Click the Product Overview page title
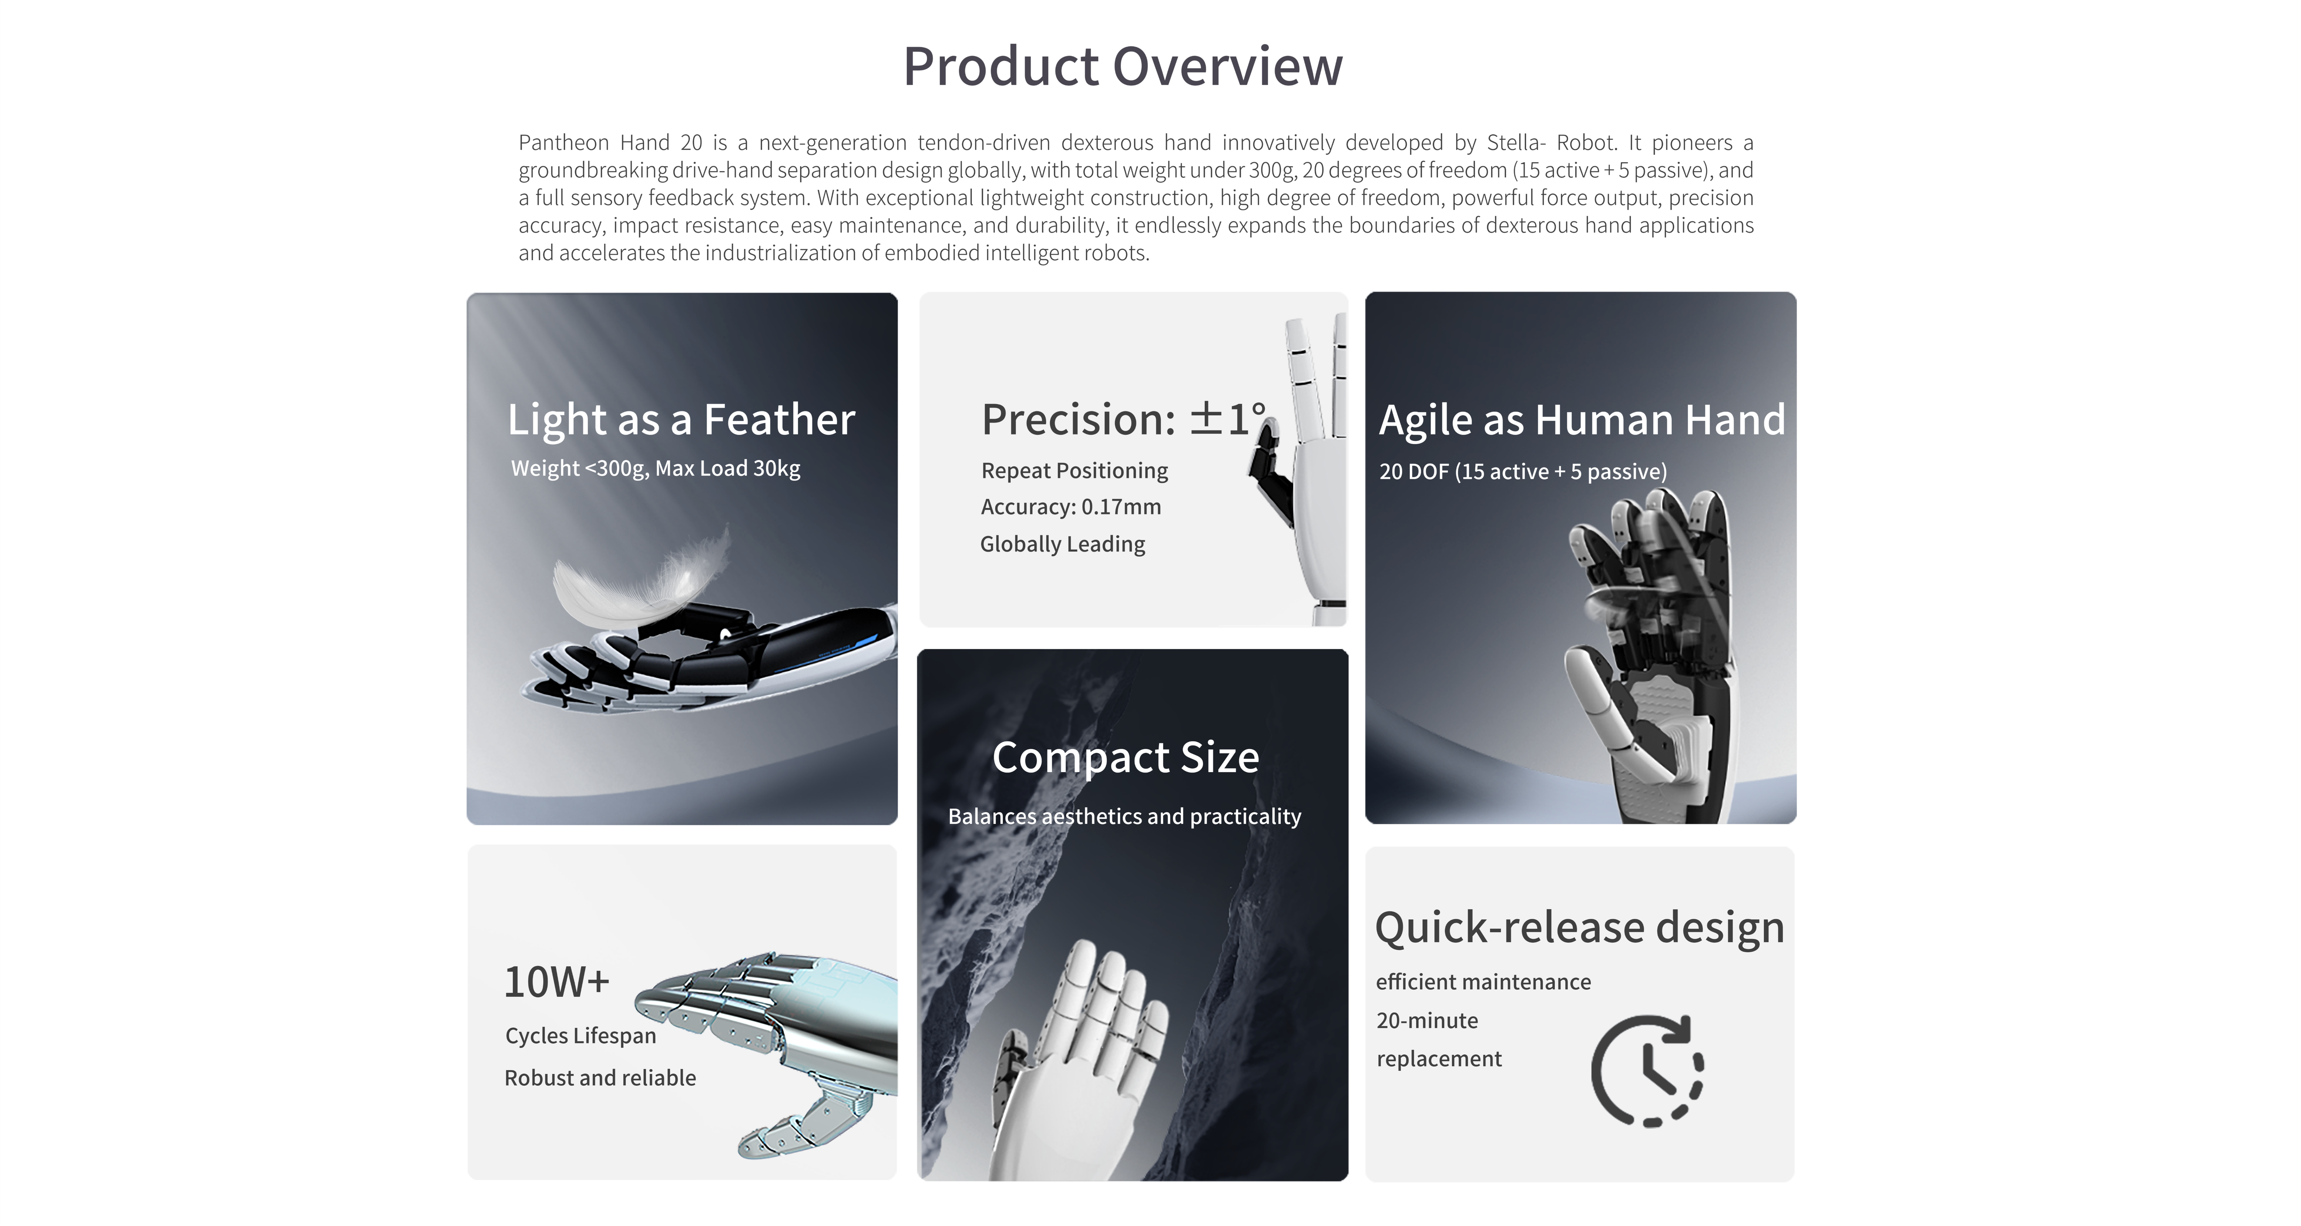click(1123, 67)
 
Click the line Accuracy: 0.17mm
click(1071, 507)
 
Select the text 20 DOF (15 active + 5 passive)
click(1523, 472)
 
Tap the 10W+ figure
click(556, 982)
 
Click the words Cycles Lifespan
click(580, 1036)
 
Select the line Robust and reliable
click(600, 1078)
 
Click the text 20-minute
click(1427, 1021)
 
